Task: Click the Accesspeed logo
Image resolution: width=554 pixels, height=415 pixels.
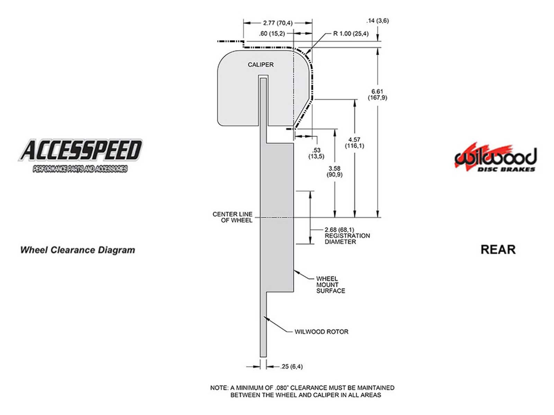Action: coord(80,155)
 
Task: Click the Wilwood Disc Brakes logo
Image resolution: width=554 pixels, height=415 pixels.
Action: coord(495,158)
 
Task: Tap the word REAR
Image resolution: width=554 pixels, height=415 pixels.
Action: coord(498,249)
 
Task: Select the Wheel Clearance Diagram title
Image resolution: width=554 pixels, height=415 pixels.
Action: coord(78,250)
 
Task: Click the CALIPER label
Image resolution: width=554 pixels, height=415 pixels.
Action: coord(260,65)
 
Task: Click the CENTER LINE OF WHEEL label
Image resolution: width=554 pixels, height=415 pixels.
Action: coord(233,217)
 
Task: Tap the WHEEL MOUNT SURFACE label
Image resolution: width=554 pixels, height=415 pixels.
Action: coord(330,285)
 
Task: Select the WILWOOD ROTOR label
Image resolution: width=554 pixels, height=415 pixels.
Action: coord(321,332)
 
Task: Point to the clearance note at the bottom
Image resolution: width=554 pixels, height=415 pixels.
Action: coord(302,391)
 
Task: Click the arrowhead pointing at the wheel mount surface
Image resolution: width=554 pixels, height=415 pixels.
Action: coord(296,271)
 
